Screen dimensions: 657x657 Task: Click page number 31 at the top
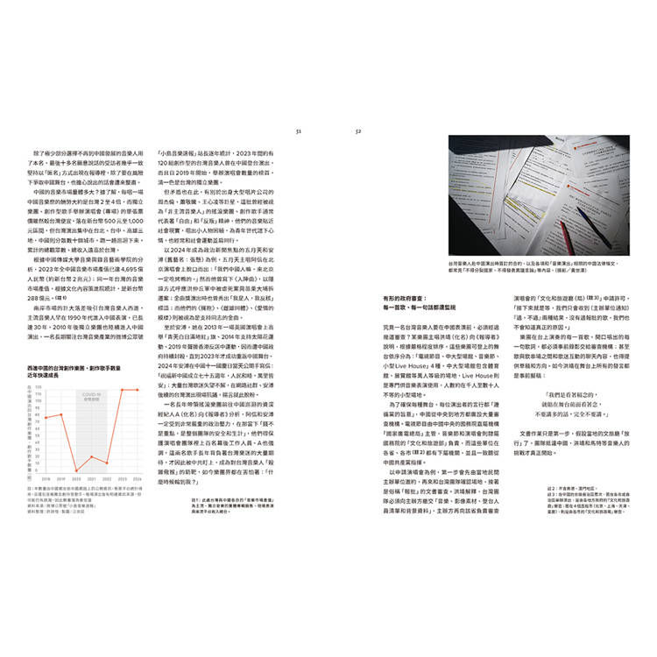(x=299, y=132)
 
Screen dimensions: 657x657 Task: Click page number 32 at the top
(x=357, y=132)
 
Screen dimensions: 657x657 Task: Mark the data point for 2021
(x=91, y=456)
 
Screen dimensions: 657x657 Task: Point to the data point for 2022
(x=108, y=463)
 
